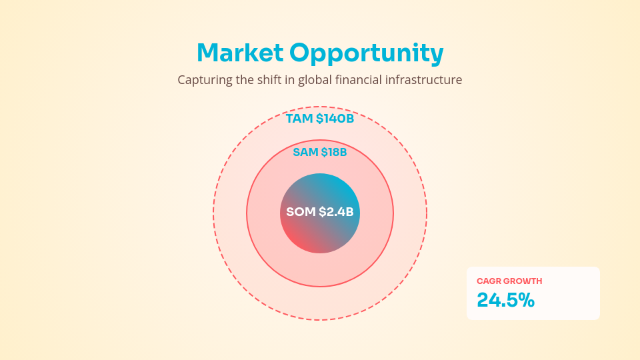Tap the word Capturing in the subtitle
pos(205,80)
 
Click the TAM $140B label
pos(320,119)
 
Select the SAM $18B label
pos(320,153)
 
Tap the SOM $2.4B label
pos(320,213)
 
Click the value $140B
pos(335,119)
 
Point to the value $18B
pos(334,153)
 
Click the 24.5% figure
pos(505,301)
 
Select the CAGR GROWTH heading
pos(509,281)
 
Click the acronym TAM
pos(299,119)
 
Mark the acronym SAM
pos(305,153)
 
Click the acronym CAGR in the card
pos(489,281)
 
